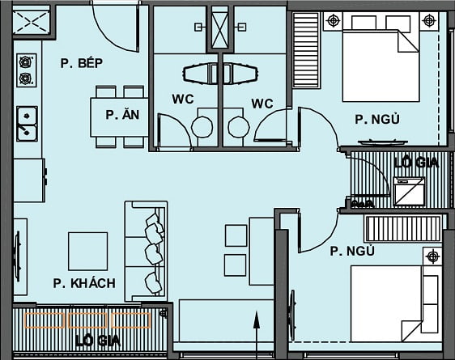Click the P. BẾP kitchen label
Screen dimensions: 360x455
[84, 62]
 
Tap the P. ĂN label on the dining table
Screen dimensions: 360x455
[121, 115]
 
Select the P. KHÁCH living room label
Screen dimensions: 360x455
[84, 283]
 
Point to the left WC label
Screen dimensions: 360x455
[182, 103]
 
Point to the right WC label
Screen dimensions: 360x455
[262, 103]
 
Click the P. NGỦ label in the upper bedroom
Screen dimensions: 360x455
[376, 119]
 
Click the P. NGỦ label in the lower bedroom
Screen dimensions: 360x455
[352, 251]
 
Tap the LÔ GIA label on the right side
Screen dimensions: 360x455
[416, 163]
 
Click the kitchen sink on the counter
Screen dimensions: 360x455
[27, 123]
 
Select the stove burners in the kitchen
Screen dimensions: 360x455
[27, 70]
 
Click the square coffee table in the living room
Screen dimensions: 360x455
[87, 251]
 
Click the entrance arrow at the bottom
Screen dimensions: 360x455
[256, 331]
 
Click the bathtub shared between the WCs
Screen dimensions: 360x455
[219, 74]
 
